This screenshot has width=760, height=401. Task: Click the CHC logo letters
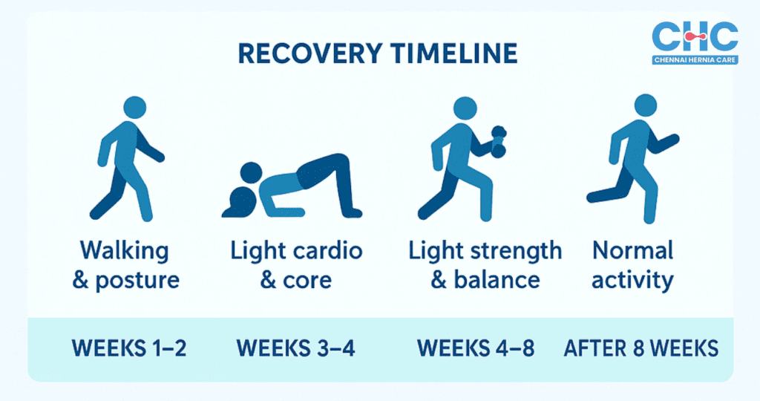click(695, 36)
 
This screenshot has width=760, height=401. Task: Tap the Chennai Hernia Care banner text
click(695, 59)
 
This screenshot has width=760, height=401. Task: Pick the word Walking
click(125, 250)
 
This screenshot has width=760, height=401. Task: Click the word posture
click(139, 280)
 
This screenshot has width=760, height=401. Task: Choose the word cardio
click(327, 250)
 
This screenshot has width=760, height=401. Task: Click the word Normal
click(632, 250)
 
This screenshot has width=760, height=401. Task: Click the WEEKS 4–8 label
click(476, 348)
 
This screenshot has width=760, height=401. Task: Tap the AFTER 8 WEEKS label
click(641, 348)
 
